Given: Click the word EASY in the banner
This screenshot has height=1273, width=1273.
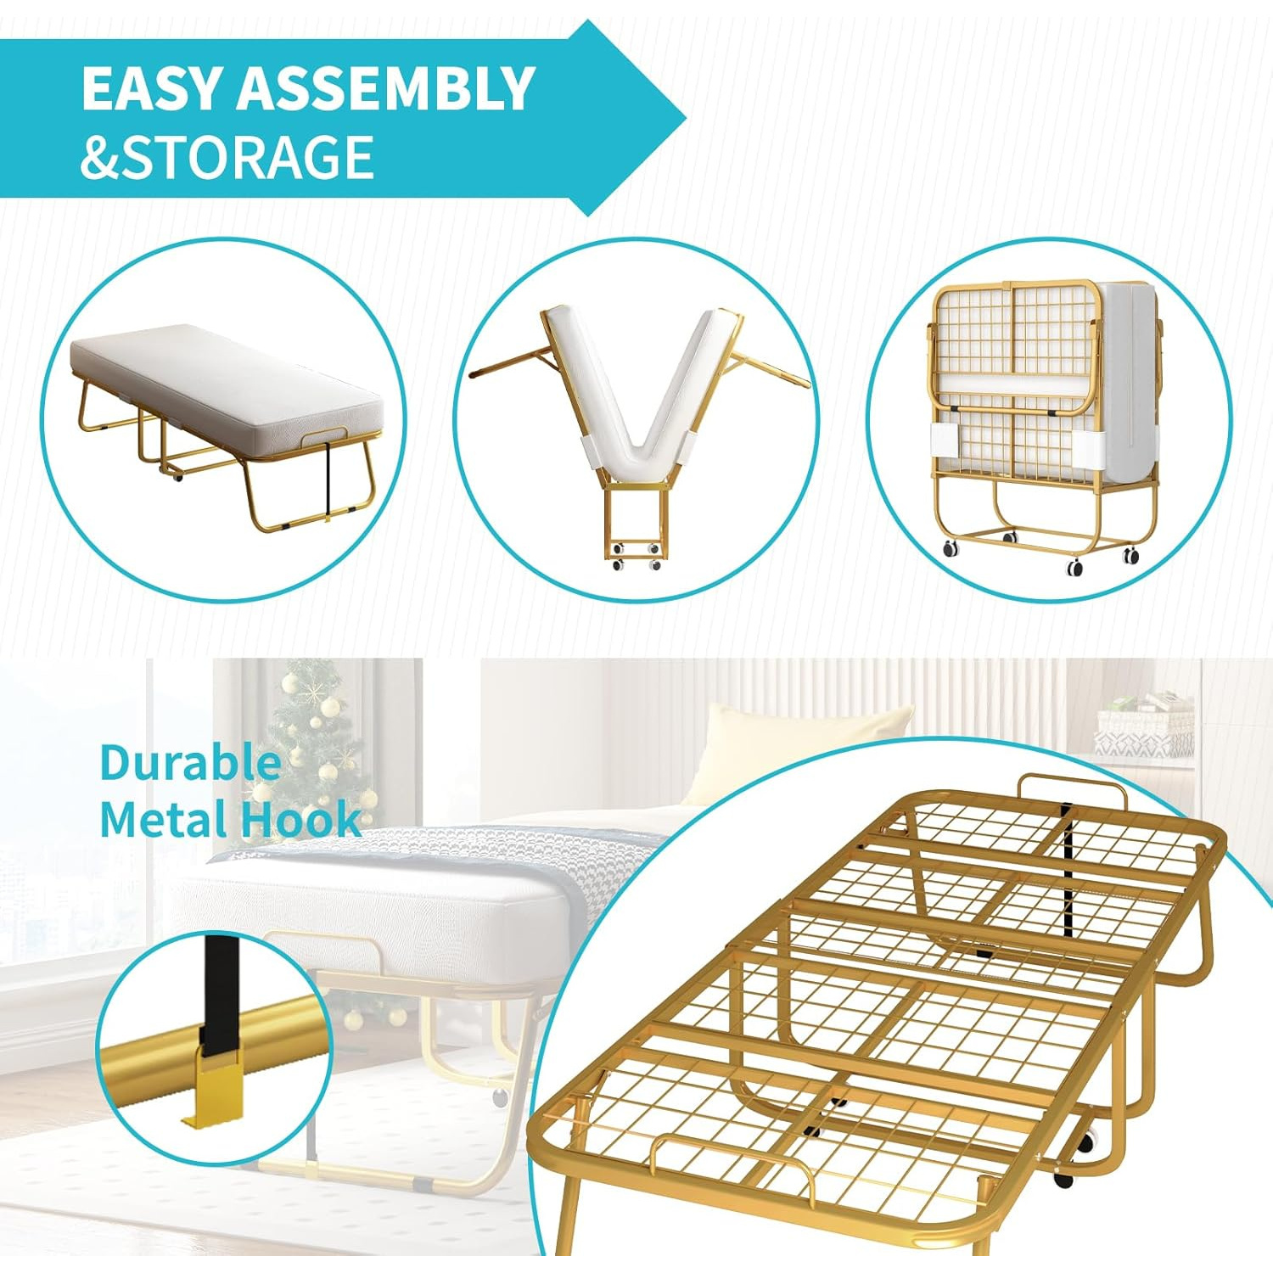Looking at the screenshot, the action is [154, 88].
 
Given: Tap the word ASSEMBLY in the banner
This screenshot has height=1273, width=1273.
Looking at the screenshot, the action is [386, 88].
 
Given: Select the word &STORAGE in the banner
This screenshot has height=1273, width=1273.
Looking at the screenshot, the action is [227, 157].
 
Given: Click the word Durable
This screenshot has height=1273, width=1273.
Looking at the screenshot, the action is [190, 762].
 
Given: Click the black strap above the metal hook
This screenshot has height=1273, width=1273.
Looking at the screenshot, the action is [220, 993].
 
